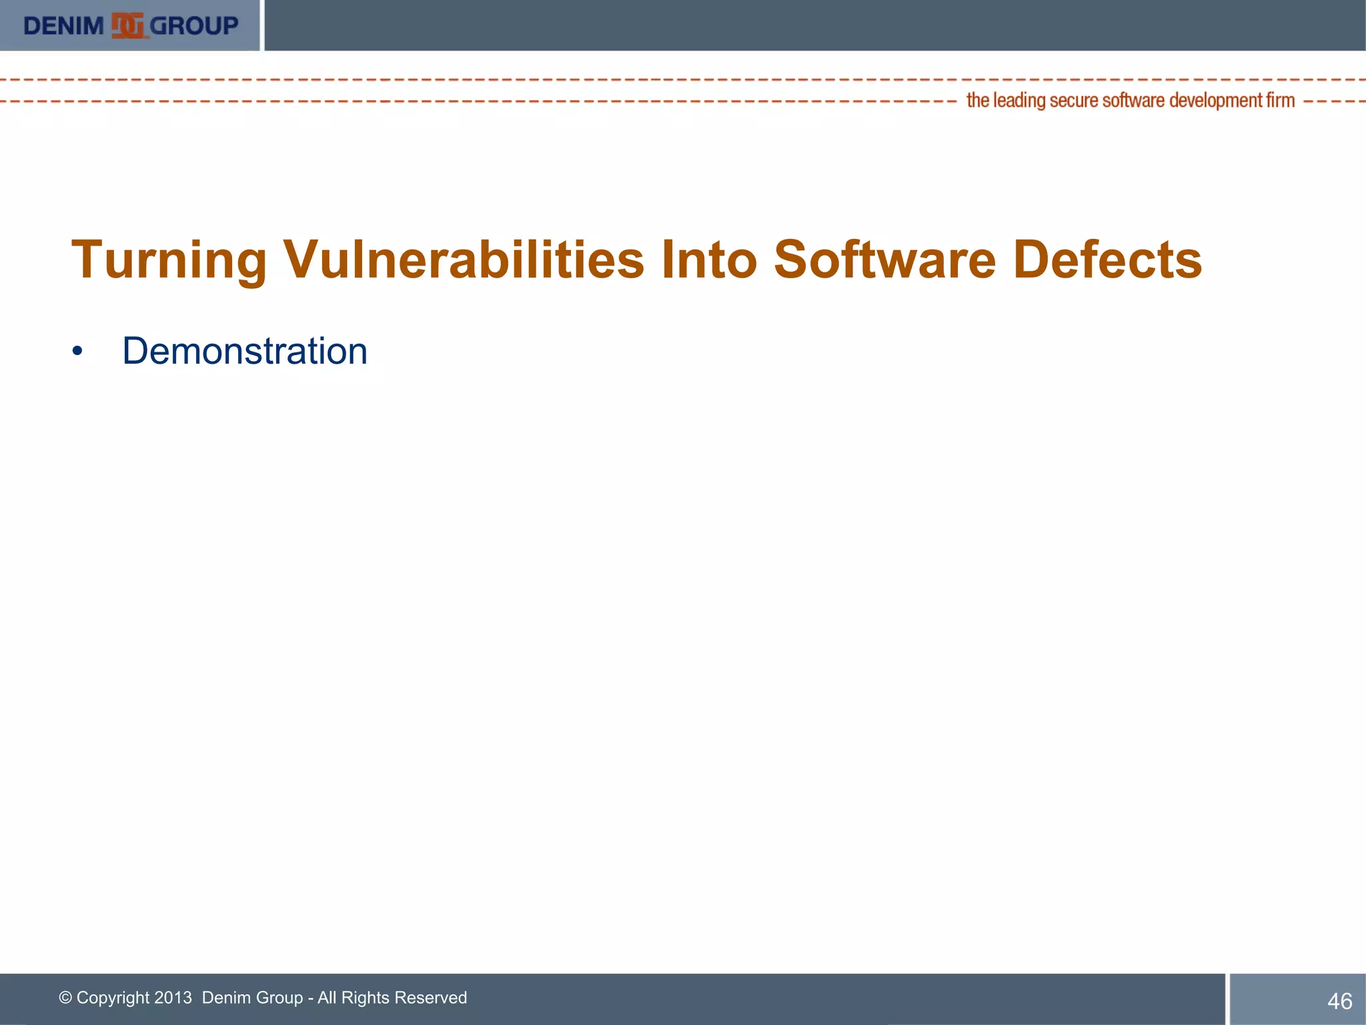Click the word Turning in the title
[169, 260]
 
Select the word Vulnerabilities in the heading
[464, 260]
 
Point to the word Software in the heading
[884, 260]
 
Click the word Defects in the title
[1107, 260]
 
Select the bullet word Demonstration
[245, 351]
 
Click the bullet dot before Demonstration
[78, 352]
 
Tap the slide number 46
[1339, 1001]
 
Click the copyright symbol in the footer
[65, 998]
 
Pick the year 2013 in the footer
[173, 998]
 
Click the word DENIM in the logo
[63, 26]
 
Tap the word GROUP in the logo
[194, 26]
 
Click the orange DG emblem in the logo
[127, 26]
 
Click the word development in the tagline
[1215, 101]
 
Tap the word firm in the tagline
[1281, 101]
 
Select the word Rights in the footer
[365, 998]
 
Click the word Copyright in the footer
[113, 998]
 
